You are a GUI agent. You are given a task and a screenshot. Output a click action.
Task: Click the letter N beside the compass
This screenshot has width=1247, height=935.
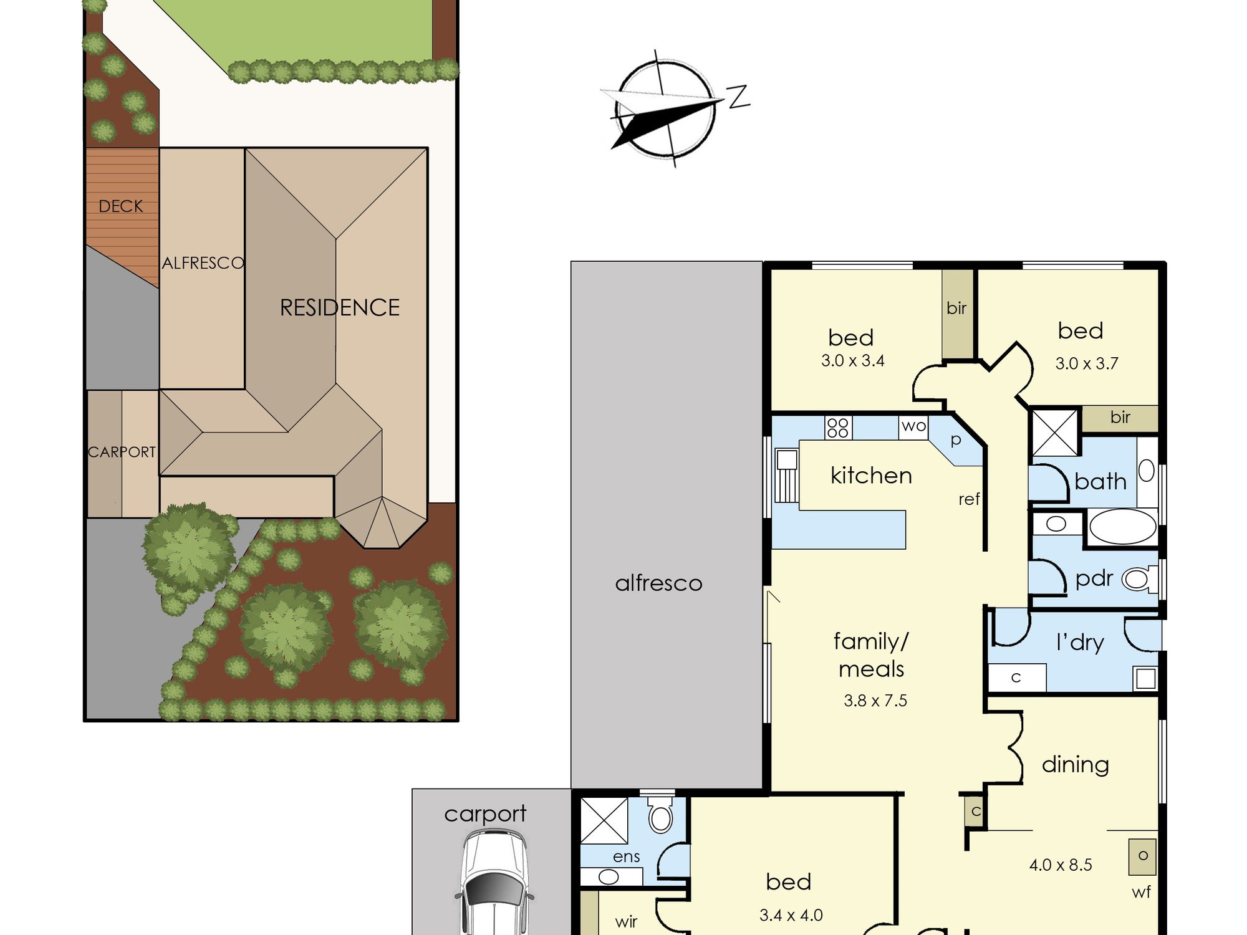click(739, 97)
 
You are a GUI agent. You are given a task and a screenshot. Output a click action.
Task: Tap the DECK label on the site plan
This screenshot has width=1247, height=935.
click(121, 206)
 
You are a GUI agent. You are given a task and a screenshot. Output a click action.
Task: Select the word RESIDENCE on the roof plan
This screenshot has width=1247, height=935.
click(340, 307)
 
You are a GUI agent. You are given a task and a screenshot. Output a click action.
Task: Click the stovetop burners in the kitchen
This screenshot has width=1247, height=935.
click(838, 428)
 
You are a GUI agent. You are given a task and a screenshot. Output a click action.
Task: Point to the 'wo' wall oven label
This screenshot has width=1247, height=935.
click(913, 426)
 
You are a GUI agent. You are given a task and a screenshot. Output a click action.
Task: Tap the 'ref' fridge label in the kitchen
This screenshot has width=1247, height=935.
click(969, 499)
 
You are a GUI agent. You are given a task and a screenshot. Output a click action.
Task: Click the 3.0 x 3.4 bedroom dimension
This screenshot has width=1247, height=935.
click(852, 360)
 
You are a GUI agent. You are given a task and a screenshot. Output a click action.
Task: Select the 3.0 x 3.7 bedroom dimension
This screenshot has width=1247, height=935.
click(1087, 363)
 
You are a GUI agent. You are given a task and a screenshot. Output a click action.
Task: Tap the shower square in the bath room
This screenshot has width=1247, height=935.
click(1055, 432)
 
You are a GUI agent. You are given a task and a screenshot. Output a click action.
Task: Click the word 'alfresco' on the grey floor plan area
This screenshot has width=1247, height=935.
click(658, 583)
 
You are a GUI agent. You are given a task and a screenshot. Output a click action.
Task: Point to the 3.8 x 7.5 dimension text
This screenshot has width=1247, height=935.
click(875, 701)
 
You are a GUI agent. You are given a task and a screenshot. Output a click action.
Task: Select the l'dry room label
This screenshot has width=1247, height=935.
click(1080, 642)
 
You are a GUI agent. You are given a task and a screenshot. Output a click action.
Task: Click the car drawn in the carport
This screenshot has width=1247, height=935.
click(494, 882)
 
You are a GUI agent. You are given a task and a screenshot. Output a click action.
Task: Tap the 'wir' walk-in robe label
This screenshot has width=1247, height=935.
click(626, 921)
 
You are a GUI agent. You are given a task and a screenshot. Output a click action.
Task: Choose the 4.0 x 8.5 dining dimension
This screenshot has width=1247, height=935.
click(1061, 865)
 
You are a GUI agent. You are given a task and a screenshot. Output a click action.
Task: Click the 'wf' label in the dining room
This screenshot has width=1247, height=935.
click(1141, 892)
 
